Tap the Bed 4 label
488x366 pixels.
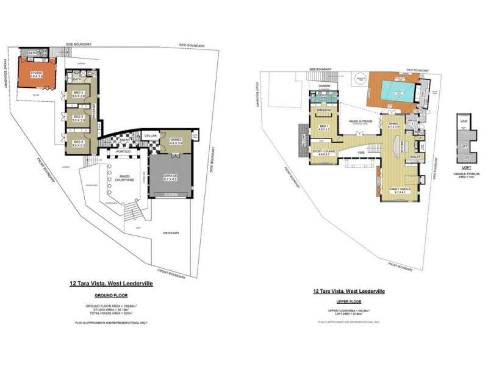[77, 94]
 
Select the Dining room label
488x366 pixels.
[393, 125]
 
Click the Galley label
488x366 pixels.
[415, 157]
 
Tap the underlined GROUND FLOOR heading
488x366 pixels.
[102, 294]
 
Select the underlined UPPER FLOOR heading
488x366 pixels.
[346, 301]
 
